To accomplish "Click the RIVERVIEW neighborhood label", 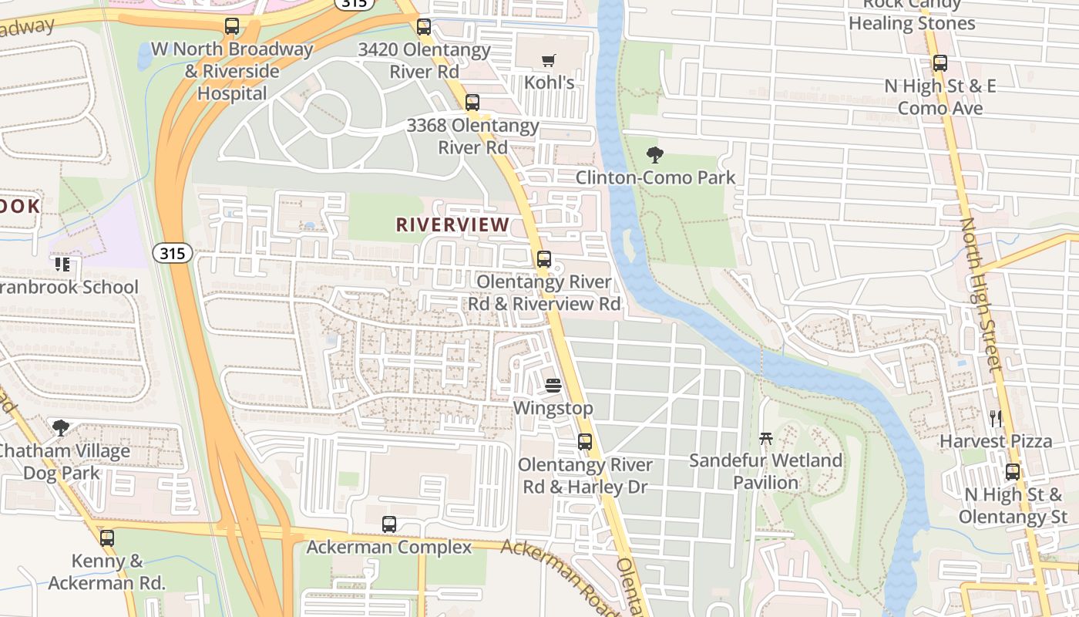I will (452, 224).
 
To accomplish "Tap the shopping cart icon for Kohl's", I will (548, 60).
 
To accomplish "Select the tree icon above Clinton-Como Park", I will (655, 155).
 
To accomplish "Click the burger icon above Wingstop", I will (553, 386).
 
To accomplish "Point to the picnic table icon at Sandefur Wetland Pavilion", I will (765, 438).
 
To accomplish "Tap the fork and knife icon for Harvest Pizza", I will (995, 419).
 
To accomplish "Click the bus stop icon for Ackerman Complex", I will (389, 524).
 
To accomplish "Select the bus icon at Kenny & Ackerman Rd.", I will (107, 538).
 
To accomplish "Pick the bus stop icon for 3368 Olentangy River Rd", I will (472, 102).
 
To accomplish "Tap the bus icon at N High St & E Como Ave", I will (940, 63).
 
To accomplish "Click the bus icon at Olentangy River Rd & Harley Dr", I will (585, 442).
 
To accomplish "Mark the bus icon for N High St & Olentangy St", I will (1012, 471).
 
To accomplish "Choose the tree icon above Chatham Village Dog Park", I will (60, 427).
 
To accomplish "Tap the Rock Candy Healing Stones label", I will (912, 15).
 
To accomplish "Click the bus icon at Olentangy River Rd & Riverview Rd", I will (544, 259).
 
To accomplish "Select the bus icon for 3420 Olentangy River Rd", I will (423, 27).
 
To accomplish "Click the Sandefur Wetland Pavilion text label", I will (765, 471).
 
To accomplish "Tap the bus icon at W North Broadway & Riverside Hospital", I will (231, 26).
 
